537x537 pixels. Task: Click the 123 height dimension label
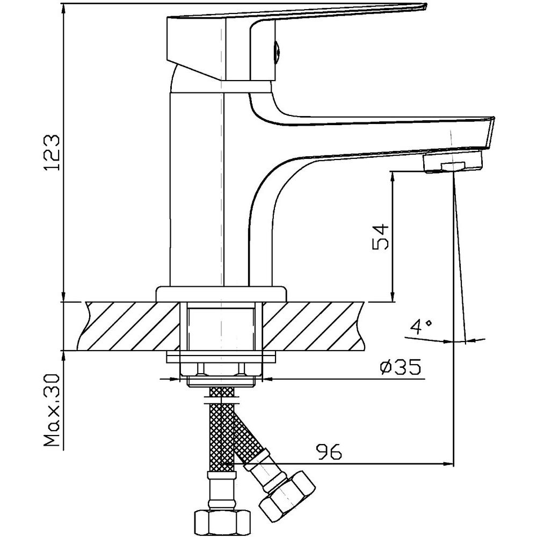click(x=53, y=153)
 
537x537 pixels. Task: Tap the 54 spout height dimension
click(x=381, y=237)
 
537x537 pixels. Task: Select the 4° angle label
click(x=421, y=327)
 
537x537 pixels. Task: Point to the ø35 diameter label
click(x=400, y=367)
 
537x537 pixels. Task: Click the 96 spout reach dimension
click(x=329, y=452)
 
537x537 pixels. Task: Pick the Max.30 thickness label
click(x=52, y=410)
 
